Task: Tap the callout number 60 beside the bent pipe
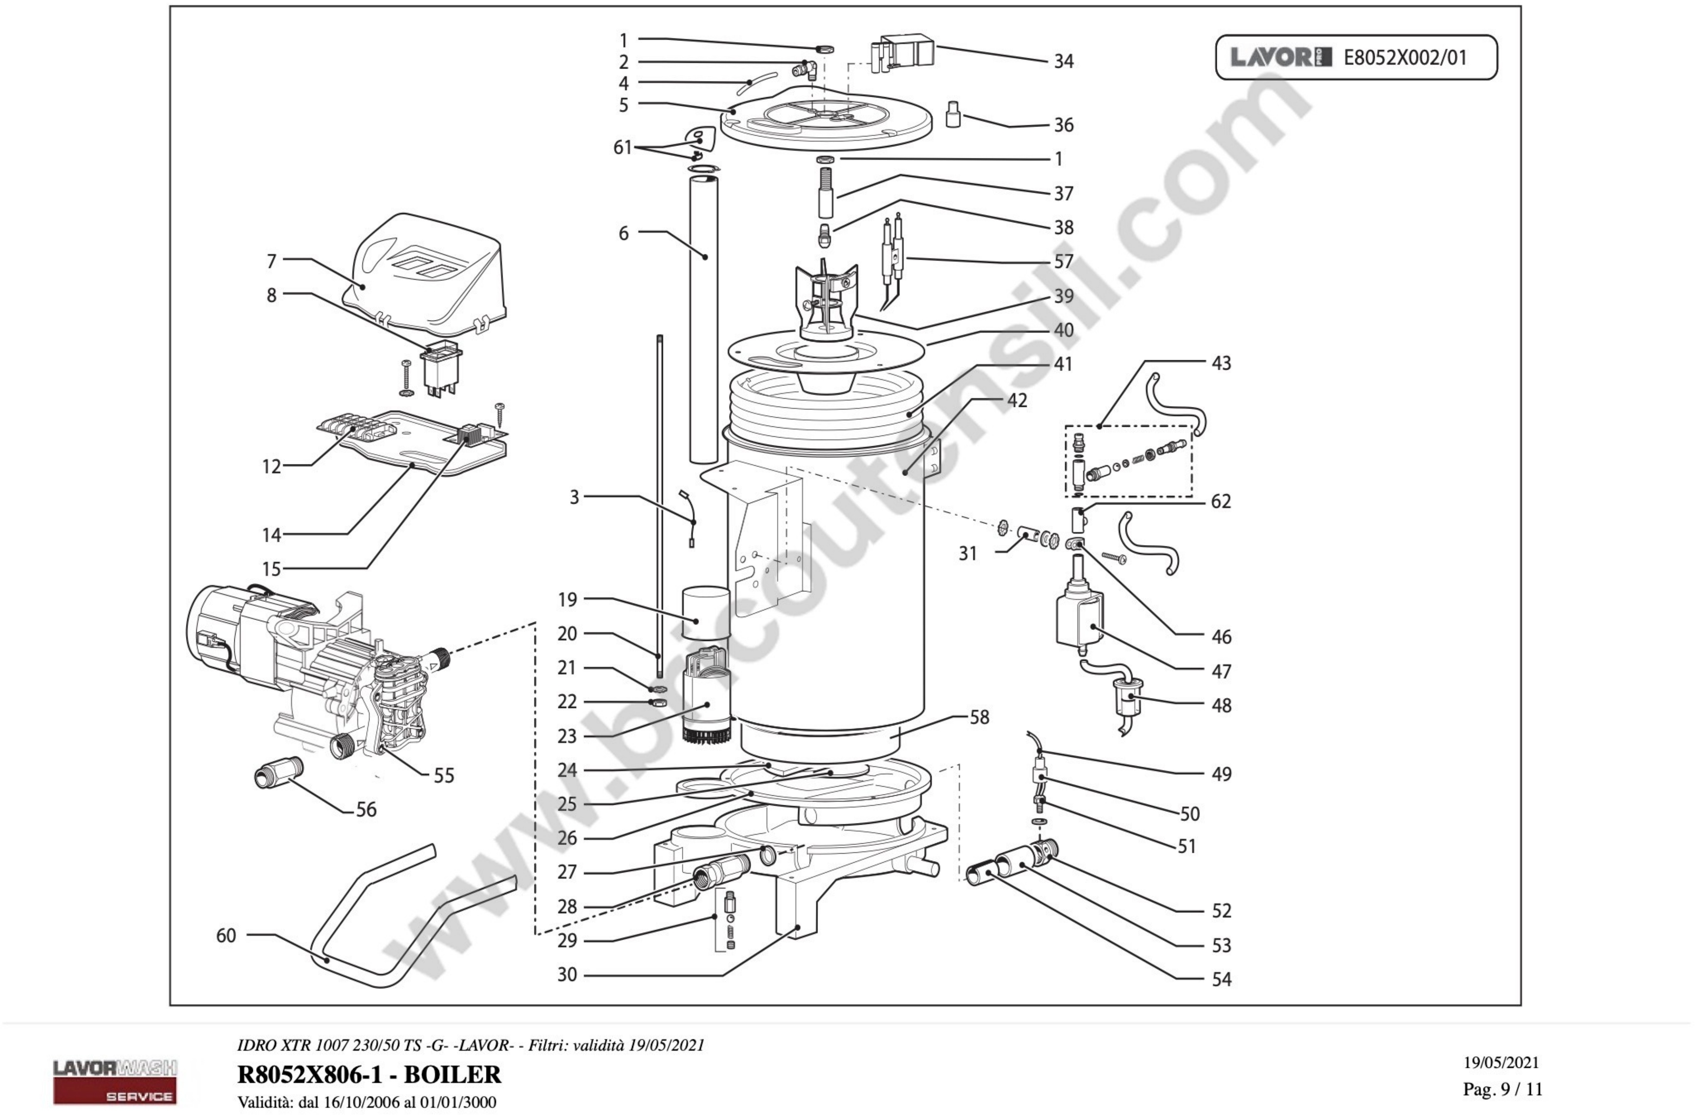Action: [x=226, y=935]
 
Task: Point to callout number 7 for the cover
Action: [x=271, y=261]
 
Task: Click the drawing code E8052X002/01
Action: [x=1405, y=58]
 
